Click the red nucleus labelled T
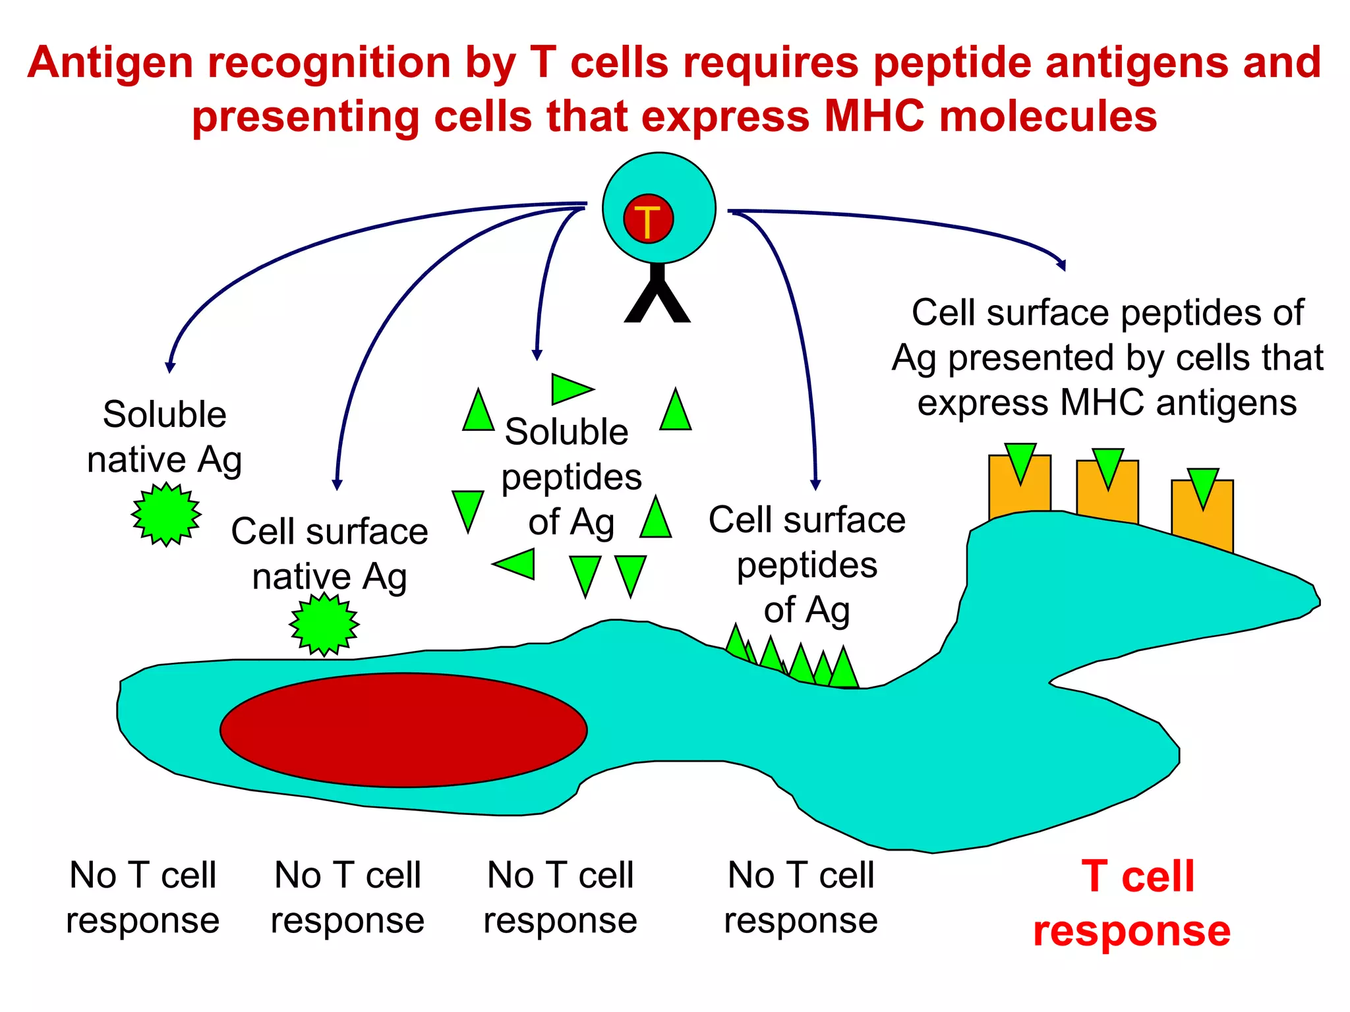[x=648, y=219]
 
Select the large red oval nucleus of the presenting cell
[x=403, y=730]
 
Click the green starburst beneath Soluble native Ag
[x=166, y=515]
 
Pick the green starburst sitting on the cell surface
[x=324, y=624]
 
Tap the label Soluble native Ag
[x=164, y=437]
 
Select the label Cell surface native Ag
[x=329, y=553]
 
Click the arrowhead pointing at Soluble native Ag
[x=170, y=368]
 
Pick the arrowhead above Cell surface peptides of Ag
[x=815, y=485]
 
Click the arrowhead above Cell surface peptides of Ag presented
[x=1061, y=265]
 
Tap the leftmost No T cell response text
[x=142, y=897]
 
